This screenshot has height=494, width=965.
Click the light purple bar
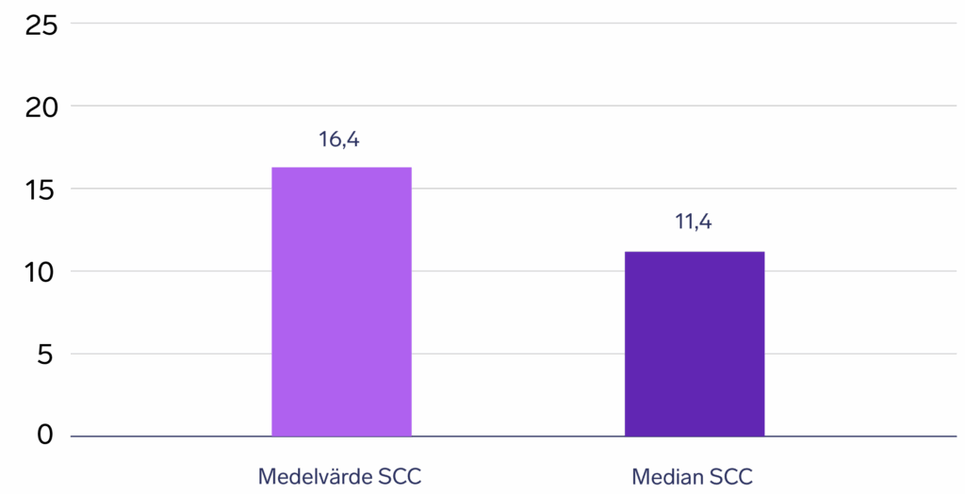pos(341,302)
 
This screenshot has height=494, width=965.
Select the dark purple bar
pos(695,344)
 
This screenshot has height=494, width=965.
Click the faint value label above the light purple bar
pos(341,141)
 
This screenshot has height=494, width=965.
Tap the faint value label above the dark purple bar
pos(695,224)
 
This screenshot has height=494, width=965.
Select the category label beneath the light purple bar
pos(341,476)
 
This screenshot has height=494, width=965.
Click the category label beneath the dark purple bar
pos(695,476)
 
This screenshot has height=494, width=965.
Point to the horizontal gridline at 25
pos(509,24)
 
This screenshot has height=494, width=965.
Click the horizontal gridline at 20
pos(509,106)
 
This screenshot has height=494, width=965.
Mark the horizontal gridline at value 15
pos(528,189)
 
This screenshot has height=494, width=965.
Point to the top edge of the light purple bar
pos(341,168)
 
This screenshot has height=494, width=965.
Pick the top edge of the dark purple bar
pos(695,253)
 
